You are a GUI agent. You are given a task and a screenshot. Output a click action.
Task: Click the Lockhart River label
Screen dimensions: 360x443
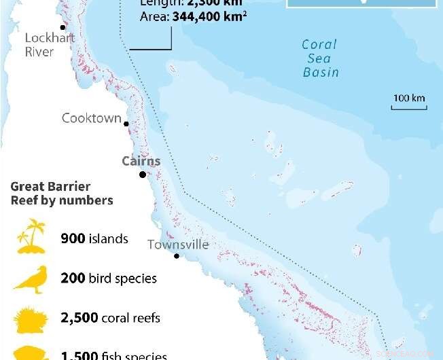50,44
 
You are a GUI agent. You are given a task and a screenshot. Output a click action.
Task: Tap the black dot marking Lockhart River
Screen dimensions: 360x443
63,28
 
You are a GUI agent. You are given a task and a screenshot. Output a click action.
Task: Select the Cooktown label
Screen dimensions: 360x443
91,118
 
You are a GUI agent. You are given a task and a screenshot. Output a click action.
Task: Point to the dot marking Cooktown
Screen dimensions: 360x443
127,123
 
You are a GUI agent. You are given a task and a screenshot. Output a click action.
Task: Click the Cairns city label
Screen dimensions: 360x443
141,161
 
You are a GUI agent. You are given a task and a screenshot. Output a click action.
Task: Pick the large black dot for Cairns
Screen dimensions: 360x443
143,175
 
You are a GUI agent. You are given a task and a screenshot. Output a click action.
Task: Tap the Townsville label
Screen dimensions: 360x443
178,245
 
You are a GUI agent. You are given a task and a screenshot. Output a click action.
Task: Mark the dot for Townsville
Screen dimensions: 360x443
177,256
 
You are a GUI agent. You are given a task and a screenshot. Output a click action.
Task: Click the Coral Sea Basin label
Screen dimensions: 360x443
320,58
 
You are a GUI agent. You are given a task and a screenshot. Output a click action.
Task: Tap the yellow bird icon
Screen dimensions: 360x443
31,278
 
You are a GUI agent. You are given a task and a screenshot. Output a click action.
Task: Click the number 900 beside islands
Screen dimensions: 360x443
73,238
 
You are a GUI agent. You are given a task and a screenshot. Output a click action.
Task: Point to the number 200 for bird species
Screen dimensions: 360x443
73,278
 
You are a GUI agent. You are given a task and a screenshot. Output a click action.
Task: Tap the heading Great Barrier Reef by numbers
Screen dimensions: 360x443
61,194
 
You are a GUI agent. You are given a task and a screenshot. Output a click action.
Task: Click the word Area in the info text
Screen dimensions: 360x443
152,16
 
